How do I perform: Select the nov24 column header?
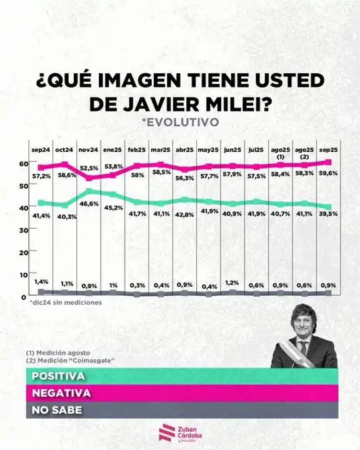tap(89, 150)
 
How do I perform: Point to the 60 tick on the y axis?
tap(23, 162)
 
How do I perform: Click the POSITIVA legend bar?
tap(180, 377)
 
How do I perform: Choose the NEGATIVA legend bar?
tap(180, 394)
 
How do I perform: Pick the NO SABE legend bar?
tap(180, 411)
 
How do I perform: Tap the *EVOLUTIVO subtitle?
tap(180, 122)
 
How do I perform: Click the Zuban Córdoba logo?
tap(180, 433)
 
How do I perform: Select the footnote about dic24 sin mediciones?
tap(56, 302)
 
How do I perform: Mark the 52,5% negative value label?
tap(89, 168)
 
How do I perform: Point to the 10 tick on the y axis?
tap(23, 274)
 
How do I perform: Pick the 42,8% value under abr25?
tap(184, 214)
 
